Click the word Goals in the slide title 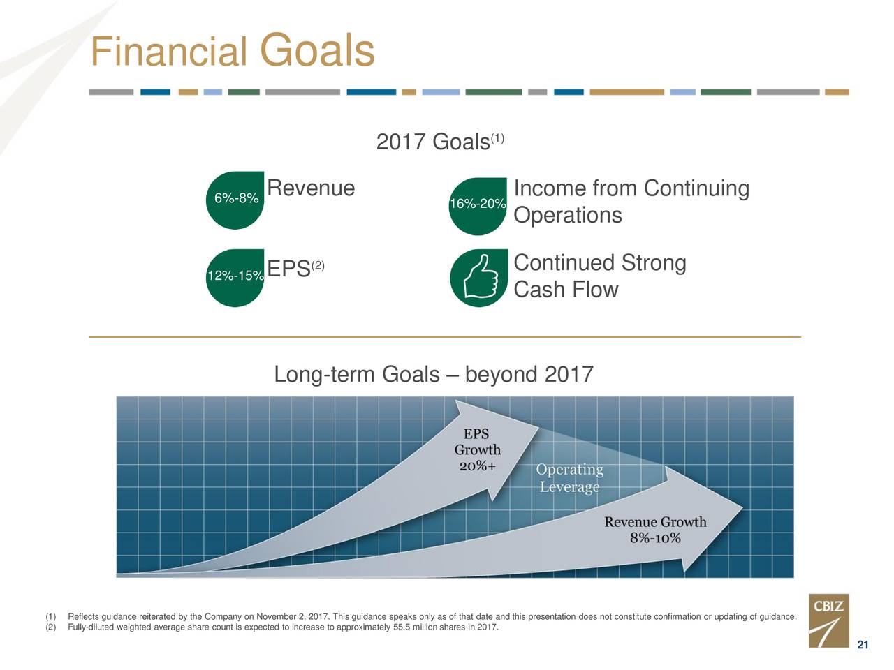coord(317,50)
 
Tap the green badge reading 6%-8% coord(235,200)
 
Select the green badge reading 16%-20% coord(478,207)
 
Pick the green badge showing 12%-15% coord(235,278)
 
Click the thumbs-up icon coord(481,278)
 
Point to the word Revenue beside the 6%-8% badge coord(311,188)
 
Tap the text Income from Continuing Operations coord(631,202)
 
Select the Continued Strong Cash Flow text coord(600,276)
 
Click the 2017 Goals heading coord(440,141)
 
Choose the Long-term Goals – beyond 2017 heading coord(433,374)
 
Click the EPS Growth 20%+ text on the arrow coord(477,449)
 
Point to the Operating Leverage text coord(569,478)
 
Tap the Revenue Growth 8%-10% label coord(655,530)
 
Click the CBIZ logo coord(829,620)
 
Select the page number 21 coord(863,645)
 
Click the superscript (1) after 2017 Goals coord(497,139)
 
